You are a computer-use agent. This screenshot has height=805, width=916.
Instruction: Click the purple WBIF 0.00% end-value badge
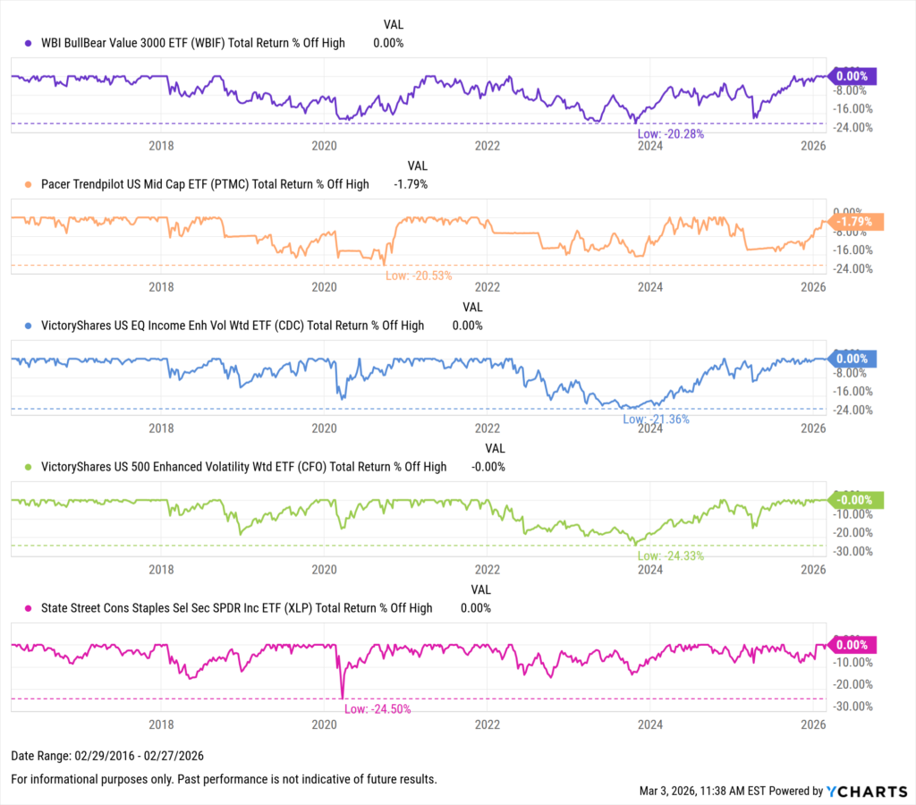pyautogui.click(x=852, y=76)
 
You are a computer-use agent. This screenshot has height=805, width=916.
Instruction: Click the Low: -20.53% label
pyautogui.click(x=418, y=275)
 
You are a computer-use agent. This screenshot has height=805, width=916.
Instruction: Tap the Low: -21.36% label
pyautogui.click(x=655, y=419)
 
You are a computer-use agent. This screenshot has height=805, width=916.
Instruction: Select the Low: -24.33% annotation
pyautogui.click(x=670, y=555)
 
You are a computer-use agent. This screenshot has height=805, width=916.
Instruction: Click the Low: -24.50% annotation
pyautogui.click(x=377, y=708)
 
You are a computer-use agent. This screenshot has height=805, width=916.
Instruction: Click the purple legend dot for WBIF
pyautogui.click(x=29, y=43)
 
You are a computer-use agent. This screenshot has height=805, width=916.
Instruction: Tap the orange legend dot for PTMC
pyautogui.click(x=29, y=184)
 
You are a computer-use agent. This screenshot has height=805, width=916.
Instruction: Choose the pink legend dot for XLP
pyautogui.click(x=29, y=608)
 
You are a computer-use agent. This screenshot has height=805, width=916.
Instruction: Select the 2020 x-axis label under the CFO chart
pyautogui.click(x=324, y=569)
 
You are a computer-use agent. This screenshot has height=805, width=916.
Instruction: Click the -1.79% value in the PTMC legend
pyautogui.click(x=411, y=184)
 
